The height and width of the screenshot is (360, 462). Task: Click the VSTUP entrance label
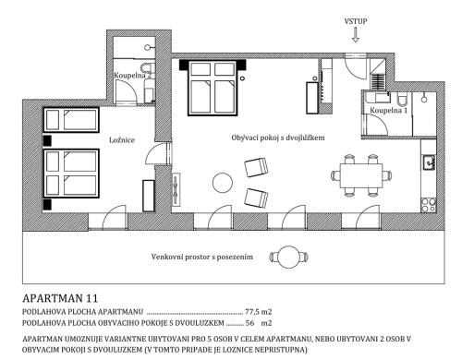click(356, 21)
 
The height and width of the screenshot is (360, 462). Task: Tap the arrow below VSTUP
click(356, 35)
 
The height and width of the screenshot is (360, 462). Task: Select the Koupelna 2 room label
click(133, 75)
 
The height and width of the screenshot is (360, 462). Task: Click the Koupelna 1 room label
click(388, 110)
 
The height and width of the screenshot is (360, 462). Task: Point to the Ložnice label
click(122, 140)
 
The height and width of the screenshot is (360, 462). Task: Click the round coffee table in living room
click(223, 183)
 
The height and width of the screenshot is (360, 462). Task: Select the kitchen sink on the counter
click(429, 162)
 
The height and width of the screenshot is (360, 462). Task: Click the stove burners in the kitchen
click(429, 205)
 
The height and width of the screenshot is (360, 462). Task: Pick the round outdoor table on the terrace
click(288, 257)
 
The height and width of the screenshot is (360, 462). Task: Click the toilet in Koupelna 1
click(402, 99)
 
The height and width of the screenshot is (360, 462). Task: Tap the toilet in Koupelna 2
click(148, 67)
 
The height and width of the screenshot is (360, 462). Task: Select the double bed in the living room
click(213, 88)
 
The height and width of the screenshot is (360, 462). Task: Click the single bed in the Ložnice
click(71, 120)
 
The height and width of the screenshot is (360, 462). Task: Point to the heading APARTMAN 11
click(60, 298)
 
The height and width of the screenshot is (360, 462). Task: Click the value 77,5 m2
click(259, 312)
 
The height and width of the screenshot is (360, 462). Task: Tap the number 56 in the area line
click(249, 323)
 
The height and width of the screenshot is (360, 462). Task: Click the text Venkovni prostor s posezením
click(202, 257)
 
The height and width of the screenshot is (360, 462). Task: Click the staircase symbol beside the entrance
click(378, 82)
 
